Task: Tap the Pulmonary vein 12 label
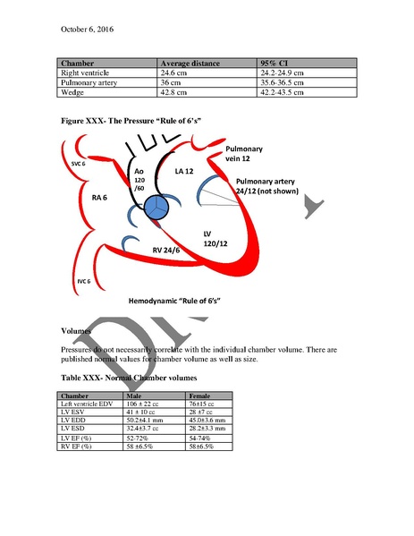244,154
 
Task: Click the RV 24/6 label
169,251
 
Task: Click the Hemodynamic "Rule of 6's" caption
175,302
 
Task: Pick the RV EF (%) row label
77,446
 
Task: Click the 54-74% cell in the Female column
203,437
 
